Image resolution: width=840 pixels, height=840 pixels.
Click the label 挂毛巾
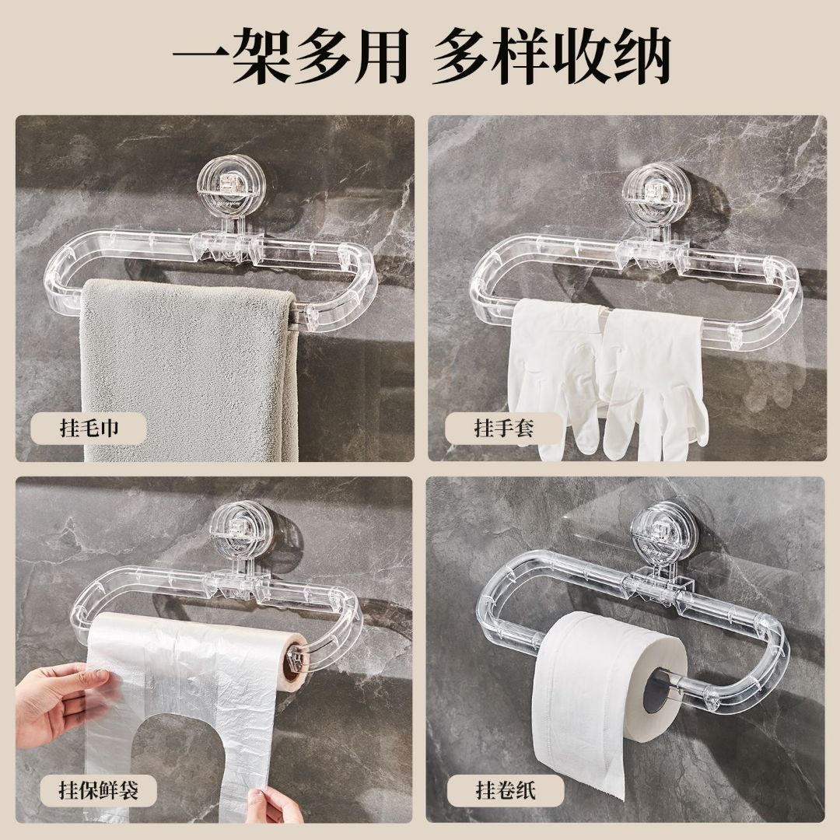[x=89, y=428]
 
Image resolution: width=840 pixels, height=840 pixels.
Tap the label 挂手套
[x=503, y=428]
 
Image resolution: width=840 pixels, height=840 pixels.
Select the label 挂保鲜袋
[x=99, y=790]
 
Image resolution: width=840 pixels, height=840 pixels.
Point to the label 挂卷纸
[x=506, y=790]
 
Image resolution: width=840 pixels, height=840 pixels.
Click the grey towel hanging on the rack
[x=191, y=369]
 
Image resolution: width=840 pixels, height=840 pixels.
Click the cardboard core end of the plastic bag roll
[x=293, y=660]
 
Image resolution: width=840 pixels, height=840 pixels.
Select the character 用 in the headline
[x=377, y=56]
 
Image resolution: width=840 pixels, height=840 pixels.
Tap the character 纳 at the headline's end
[x=639, y=56]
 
